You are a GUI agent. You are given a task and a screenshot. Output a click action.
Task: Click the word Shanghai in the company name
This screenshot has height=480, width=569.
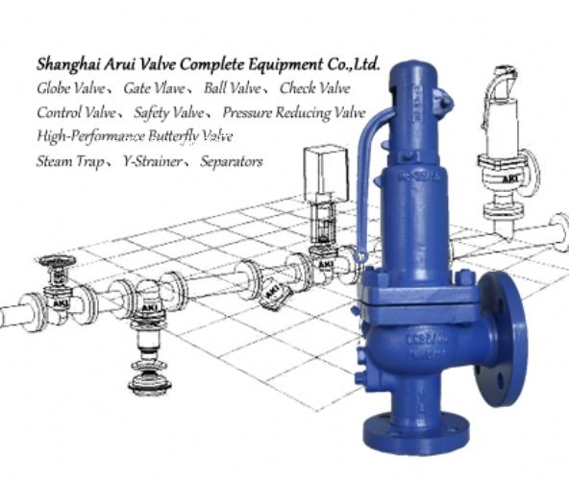coord(68,65)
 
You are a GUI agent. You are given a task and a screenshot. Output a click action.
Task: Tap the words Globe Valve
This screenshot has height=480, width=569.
coord(71,88)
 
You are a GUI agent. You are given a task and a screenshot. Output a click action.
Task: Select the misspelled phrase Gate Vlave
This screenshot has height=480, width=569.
coord(154,88)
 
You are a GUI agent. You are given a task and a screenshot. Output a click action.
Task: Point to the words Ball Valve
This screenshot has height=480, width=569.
coord(233,88)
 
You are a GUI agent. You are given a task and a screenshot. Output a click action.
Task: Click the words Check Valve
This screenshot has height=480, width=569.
coord(315,88)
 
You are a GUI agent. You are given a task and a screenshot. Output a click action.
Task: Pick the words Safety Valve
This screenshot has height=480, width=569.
coord(169,112)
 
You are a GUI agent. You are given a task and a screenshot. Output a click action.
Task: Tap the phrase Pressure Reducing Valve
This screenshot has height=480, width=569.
coord(294,112)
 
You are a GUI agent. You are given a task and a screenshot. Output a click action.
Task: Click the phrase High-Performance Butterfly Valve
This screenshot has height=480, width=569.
coord(135,136)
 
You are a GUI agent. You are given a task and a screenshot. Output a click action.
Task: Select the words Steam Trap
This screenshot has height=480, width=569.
coord(70,161)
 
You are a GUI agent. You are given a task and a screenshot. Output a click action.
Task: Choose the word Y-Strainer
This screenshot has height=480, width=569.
coord(153,161)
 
